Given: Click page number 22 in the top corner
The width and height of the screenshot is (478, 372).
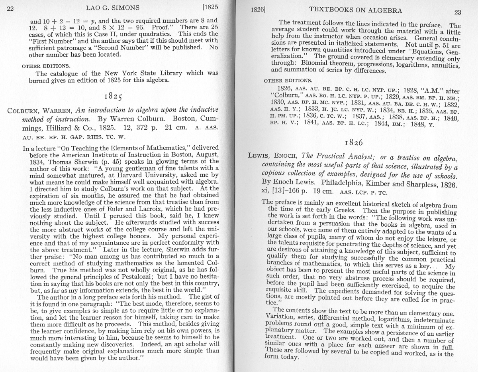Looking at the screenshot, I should pyautogui.click(x=10, y=8).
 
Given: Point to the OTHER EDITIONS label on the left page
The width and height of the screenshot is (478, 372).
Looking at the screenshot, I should pyautogui.click(x=46, y=65).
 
